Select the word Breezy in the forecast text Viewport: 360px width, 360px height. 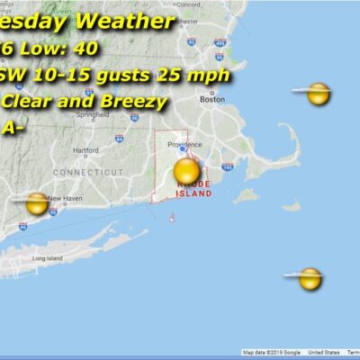(x=139, y=102)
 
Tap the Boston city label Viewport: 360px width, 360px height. (x=212, y=100)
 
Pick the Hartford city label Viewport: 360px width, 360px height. (x=85, y=150)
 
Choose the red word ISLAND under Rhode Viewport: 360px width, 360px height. (x=193, y=193)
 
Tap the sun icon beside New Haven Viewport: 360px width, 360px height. (x=37, y=203)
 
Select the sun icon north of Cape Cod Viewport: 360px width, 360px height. (x=317, y=93)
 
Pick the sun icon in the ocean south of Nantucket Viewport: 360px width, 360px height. (x=310, y=279)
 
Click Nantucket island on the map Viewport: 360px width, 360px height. (x=290, y=205)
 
